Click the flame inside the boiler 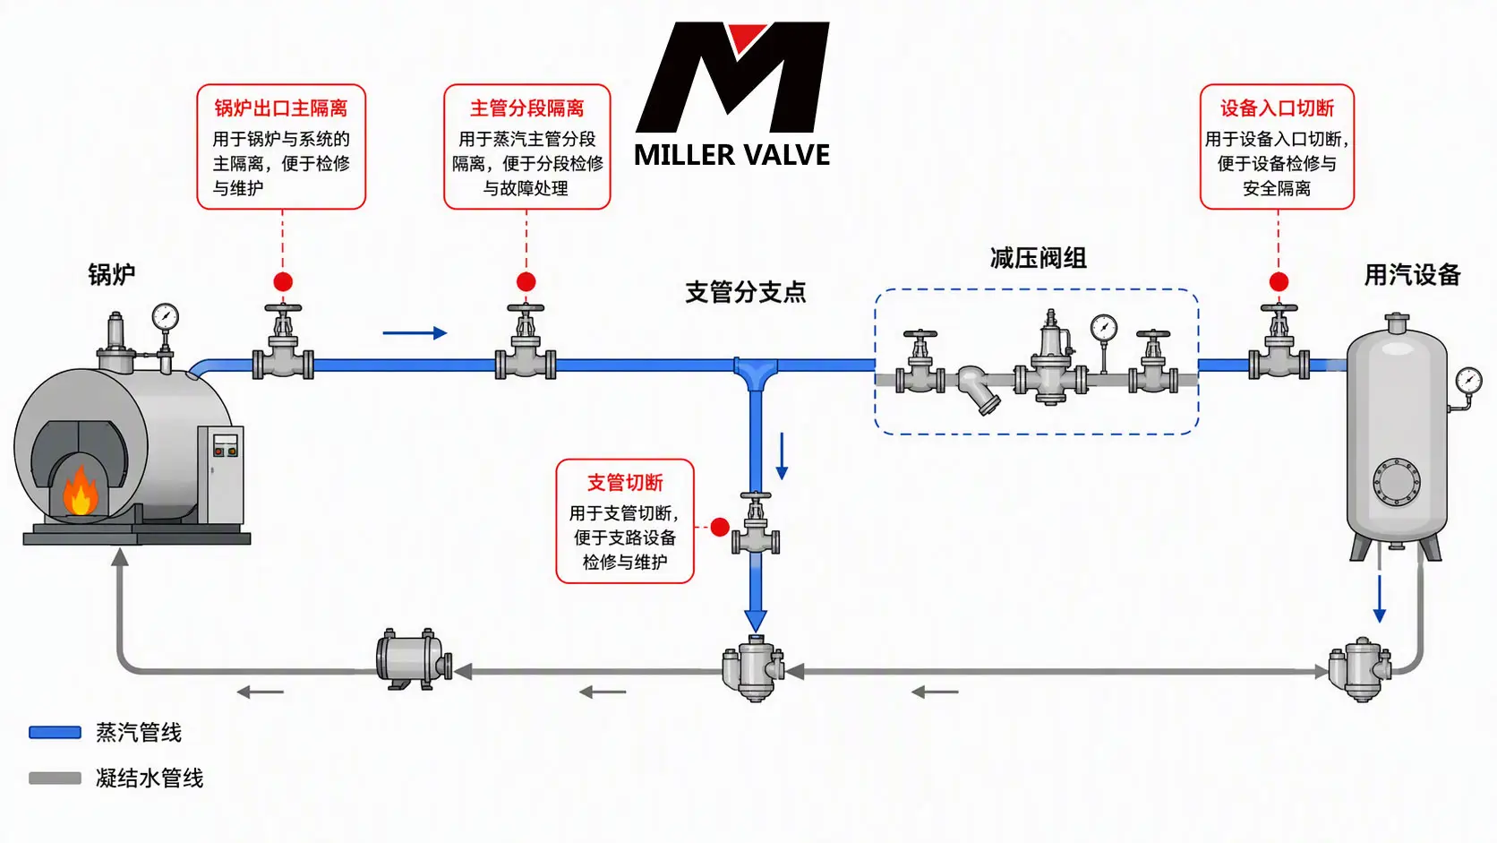pyautogui.click(x=81, y=491)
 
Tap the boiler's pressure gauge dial pyautogui.click(x=165, y=316)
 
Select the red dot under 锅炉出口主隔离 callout pyautogui.click(x=283, y=281)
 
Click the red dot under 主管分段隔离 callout pyautogui.click(x=526, y=281)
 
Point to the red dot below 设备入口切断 pyautogui.click(x=1279, y=281)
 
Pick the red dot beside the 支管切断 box pyautogui.click(x=720, y=528)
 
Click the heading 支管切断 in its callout pyautogui.click(x=625, y=483)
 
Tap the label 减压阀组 pyautogui.click(x=1038, y=258)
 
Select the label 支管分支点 pyautogui.click(x=746, y=292)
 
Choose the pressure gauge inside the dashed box pyautogui.click(x=1104, y=328)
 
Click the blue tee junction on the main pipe pyautogui.click(x=756, y=373)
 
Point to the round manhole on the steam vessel pyautogui.click(x=1396, y=481)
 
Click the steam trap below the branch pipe pyautogui.click(x=754, y=667)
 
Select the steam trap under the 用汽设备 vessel pyautogui.click(x=1360, y=669)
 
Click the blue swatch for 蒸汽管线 pyautogui.click(x=55, y=733)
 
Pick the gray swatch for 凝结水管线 pyautogui.click(x=55, y=778)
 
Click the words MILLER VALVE pyautogui.click(x=731, y=155)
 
